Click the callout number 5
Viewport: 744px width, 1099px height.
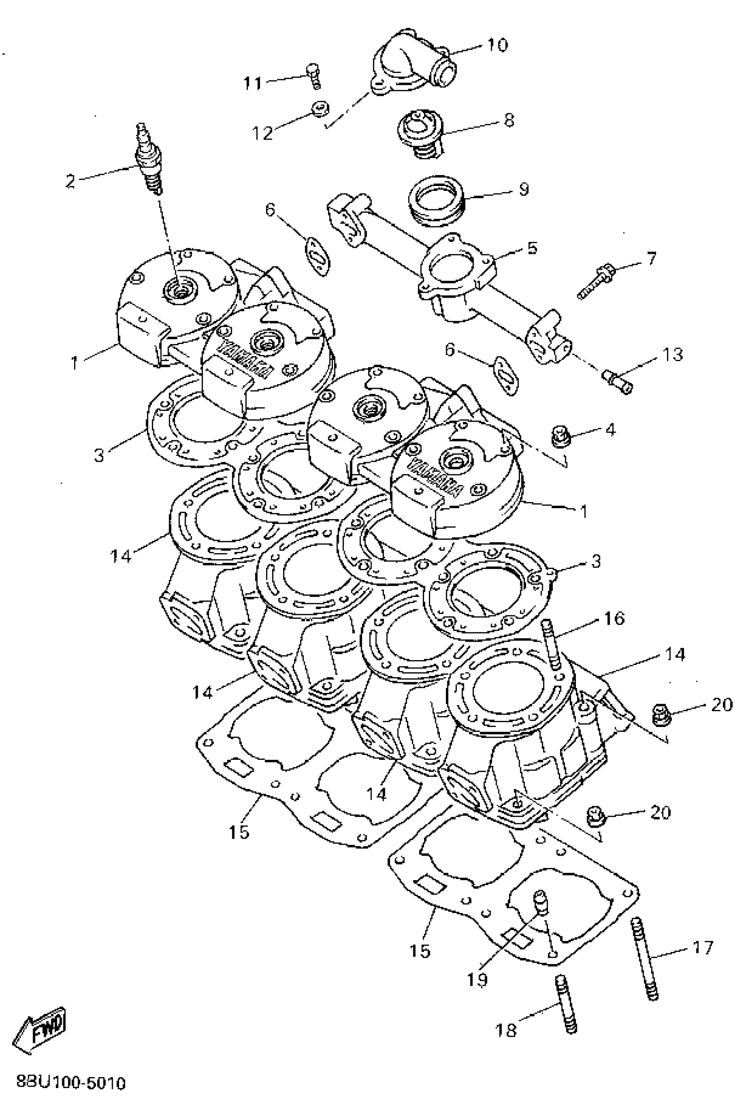click(532, 247)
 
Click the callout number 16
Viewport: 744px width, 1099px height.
click(614, 618)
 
